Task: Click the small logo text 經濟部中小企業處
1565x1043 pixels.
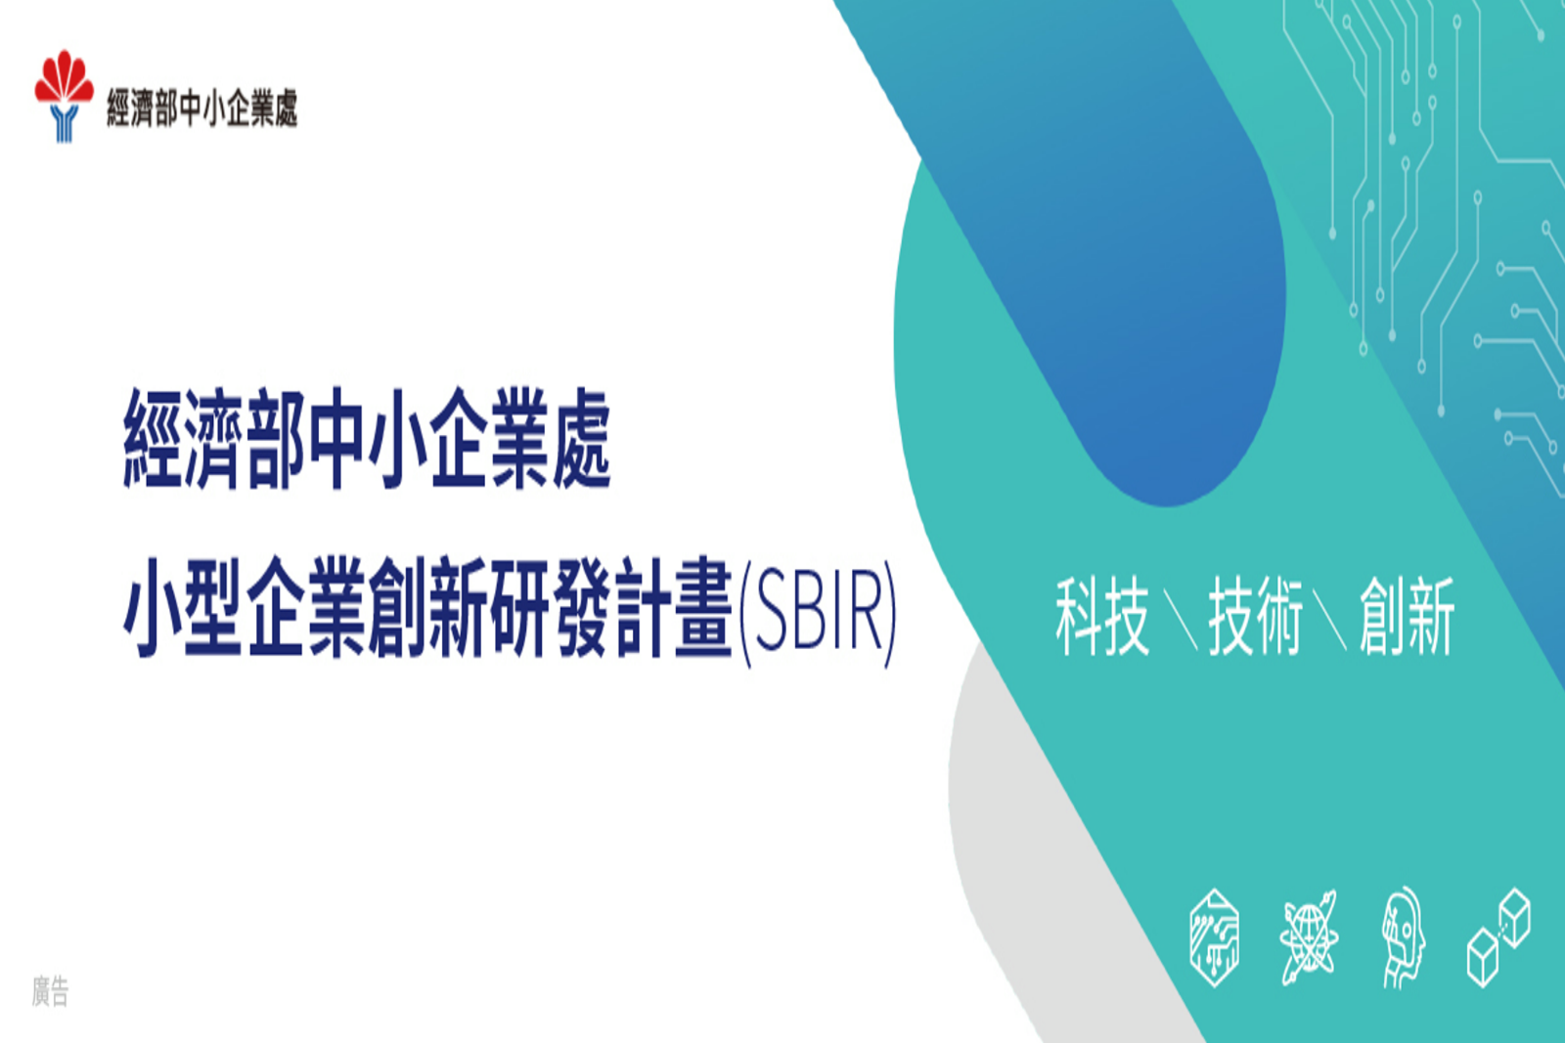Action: (x=202, y=109)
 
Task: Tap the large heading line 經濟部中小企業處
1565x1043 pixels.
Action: (x=368, y=439)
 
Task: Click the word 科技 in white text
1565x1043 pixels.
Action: (x=1101, y=616)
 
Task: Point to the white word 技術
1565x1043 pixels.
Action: (x=1256, y=616)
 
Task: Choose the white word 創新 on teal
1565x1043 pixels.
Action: (x=1408, y=616)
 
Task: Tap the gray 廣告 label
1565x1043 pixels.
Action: (x=50, y=991)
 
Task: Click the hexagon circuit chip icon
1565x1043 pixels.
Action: (x=1214, y=937)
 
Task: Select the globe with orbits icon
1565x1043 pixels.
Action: (x=1309, y=937)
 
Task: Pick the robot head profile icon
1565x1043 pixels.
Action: (x=1404, y=937)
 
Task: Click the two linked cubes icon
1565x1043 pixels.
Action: (x=1498, y=937)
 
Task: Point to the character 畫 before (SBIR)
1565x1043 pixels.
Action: (x=703, y=609)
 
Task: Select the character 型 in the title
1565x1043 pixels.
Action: (x=214, y=609)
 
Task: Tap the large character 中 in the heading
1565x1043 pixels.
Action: (x=336, y=439)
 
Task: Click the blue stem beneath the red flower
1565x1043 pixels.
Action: (x=65, y=123)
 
